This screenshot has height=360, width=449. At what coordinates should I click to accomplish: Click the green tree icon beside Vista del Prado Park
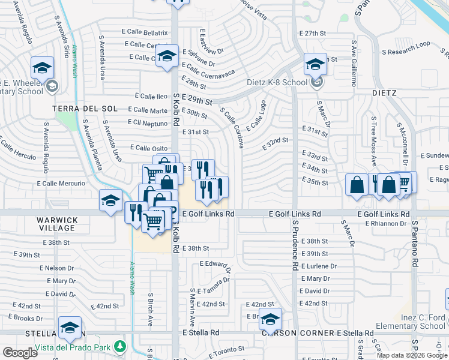(121, 347)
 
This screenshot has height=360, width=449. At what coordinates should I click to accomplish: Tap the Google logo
(20, 353)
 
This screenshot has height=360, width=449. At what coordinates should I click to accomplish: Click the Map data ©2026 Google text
(411, 355)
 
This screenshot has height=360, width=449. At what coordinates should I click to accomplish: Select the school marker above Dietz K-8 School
(315, 64)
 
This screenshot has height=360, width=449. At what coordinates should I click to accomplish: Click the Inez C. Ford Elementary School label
(411, 322)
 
